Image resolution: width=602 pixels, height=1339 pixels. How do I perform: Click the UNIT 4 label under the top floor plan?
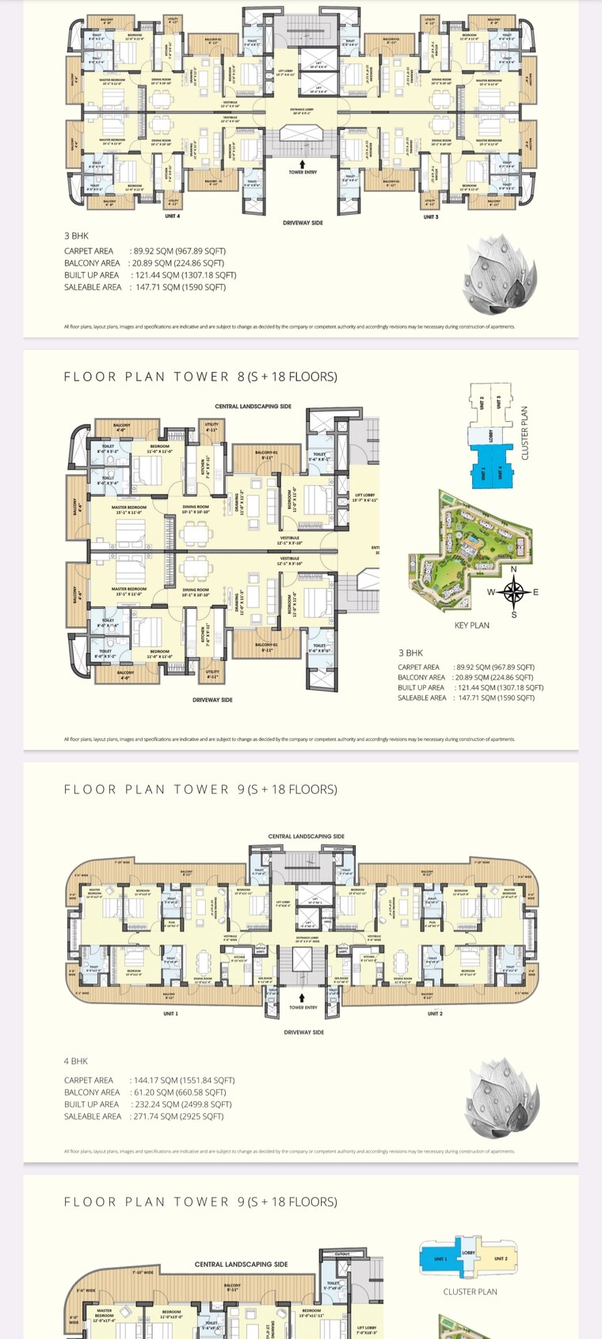172,216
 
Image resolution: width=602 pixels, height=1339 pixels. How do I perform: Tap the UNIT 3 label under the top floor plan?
430,216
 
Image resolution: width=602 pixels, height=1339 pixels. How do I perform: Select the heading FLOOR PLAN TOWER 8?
200,377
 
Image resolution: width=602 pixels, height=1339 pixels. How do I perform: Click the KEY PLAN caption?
471,626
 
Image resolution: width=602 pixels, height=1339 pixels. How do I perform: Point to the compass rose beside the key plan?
514,591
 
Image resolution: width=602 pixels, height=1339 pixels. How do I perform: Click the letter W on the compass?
490,592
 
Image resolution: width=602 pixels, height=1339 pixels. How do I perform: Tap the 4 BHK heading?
76,1061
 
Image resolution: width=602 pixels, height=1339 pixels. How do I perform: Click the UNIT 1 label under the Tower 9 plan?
170,1013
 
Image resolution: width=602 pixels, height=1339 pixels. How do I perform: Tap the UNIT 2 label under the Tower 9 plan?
435,1013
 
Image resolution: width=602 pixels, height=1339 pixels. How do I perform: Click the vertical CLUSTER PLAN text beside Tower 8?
524,434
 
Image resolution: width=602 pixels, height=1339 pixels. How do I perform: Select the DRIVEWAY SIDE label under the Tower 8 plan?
212,700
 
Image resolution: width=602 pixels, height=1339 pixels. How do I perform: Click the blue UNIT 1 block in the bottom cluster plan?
440,1259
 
